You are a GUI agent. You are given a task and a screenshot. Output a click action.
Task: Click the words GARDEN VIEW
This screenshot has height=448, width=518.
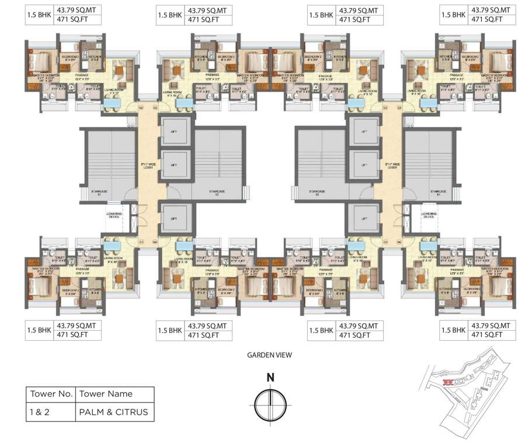point(269,354)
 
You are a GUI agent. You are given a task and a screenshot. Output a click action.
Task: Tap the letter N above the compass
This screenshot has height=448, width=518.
point(270,377)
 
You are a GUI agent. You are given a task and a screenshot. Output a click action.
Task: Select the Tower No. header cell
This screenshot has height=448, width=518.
point(50,394)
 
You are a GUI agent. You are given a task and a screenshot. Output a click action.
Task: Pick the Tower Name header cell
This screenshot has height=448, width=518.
point(106,394)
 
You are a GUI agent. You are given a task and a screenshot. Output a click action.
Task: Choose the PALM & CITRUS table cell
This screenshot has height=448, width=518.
point(114,412)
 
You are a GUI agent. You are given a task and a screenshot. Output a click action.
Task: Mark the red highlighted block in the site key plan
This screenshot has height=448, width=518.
point(448,383)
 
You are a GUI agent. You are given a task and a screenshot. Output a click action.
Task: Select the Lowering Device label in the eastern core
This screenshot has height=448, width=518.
point(428,215)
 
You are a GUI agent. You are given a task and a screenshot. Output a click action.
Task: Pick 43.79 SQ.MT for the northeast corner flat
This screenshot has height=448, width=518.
point(488,10)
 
